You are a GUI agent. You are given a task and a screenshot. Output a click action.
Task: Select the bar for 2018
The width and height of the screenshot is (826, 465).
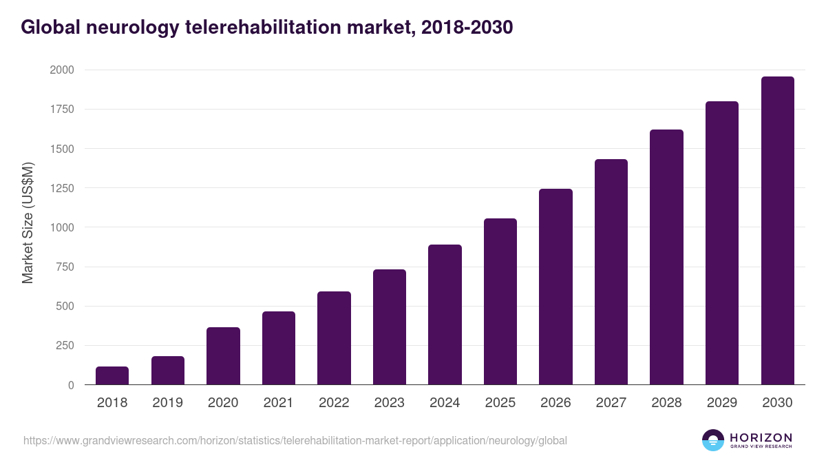[112, 375]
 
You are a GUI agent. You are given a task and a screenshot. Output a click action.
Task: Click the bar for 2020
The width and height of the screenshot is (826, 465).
[223, 356]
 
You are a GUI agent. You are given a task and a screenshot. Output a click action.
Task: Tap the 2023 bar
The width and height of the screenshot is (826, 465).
[390, 327]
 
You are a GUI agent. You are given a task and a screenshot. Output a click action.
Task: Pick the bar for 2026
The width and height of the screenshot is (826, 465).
[555, 287]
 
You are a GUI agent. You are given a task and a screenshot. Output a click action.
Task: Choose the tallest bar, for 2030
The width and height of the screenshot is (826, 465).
[777, 231]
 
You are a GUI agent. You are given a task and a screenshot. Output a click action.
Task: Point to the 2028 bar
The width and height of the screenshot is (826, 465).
[666, 257]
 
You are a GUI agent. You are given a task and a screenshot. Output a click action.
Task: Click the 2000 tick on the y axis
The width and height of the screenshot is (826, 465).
[62, 70]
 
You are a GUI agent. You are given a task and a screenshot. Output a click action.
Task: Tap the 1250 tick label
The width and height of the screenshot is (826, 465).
[62, 188]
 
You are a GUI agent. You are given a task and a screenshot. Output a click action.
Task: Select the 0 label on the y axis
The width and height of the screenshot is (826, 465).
[72, 385]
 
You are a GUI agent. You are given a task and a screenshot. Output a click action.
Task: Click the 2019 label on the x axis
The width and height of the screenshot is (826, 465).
[167, 403]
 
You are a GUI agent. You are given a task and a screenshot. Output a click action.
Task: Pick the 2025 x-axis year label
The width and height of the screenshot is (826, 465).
[500, 403]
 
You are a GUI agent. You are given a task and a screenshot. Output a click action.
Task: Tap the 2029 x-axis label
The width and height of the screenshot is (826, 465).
[722, 403]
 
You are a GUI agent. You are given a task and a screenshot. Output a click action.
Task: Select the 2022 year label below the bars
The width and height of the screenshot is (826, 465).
[334, 403]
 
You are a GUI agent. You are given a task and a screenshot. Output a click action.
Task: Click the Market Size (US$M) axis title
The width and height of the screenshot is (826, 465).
[28, 223]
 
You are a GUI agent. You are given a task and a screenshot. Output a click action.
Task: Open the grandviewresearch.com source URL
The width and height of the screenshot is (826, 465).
[295, 440]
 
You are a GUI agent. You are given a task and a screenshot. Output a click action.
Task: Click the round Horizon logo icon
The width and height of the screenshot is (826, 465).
[713, 440]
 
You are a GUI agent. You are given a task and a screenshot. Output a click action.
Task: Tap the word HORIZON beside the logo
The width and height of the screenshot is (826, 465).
[761, 437]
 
